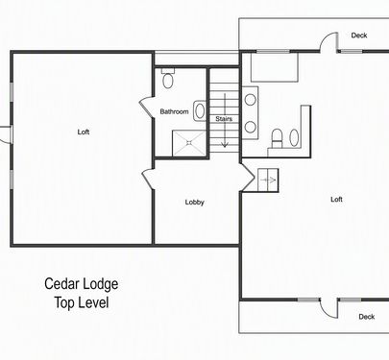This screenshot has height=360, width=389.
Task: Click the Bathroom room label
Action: (174, 111)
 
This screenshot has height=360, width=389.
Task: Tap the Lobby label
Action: (195, 203)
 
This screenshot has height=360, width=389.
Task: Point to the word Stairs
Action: (224, 119)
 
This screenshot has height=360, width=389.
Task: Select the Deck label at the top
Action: (359, 36)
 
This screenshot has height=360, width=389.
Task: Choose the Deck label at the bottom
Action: (367, 317)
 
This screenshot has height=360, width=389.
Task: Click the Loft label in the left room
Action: (84, 132)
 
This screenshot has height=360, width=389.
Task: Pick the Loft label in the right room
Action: (336, 200)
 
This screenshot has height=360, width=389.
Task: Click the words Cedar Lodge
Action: (82, 284)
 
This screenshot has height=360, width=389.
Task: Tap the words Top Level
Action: (82, 302)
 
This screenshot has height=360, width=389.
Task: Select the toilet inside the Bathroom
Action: (168, 78)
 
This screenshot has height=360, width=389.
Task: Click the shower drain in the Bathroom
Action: (189, 143)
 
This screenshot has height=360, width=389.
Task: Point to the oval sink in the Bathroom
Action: (200, 110)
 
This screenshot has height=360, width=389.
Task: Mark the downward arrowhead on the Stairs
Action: (225, 145)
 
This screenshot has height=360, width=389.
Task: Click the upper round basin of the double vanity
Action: (251, 100)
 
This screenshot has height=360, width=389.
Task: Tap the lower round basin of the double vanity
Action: (251, 127)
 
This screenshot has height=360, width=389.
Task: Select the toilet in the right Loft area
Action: (277, 138)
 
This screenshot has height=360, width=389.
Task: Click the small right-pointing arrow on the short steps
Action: (269, 180)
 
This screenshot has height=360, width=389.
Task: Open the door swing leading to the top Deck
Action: (328, 41)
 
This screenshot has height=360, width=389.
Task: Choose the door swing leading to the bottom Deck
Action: (328, 308)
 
